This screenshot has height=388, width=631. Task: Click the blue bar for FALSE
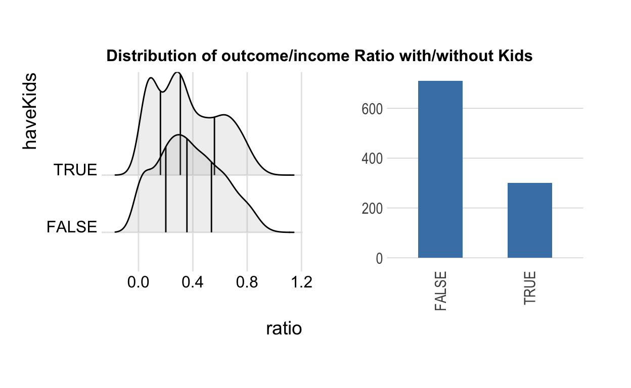coord(440,169)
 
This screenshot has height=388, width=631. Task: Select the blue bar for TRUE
coord(530,220)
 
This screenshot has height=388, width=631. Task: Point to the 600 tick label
coord(372,109)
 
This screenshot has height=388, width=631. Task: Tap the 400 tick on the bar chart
coord(372,159)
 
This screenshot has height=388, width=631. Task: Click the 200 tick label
coord(372,209)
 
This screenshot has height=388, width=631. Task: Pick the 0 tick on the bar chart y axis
coord(379,259)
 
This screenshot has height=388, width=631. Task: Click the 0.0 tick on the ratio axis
coord(138,282)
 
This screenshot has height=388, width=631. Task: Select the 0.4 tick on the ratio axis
coord(193,282)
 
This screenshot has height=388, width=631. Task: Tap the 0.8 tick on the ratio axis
coord(247,282)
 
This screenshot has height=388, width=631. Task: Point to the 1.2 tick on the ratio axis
coord(301,282)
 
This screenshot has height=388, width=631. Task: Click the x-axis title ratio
coord(284,328)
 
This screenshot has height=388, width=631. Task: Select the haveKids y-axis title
coord(30,111)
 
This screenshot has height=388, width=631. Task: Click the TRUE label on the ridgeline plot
coord(75,170)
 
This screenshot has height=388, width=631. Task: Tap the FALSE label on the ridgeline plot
coord(72,227)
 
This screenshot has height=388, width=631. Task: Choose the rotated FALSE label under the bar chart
coord(440,291)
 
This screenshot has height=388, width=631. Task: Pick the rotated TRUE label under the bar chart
coord(529,288)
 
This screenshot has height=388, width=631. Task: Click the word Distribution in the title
coord(152,56)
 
